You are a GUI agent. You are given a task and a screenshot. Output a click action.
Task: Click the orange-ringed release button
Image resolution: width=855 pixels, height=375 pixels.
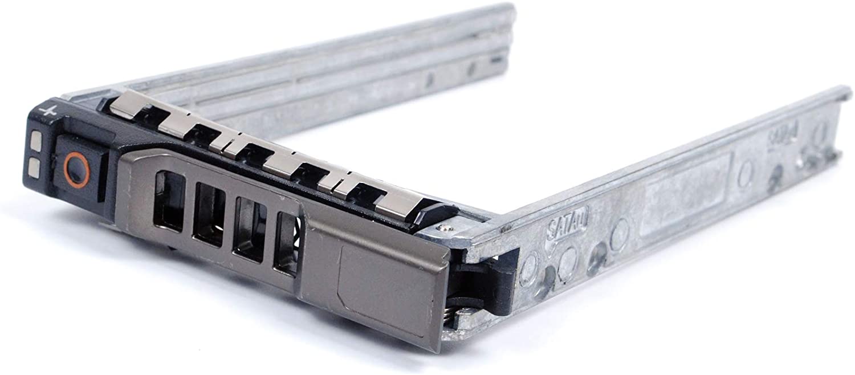tap(74, 168)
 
